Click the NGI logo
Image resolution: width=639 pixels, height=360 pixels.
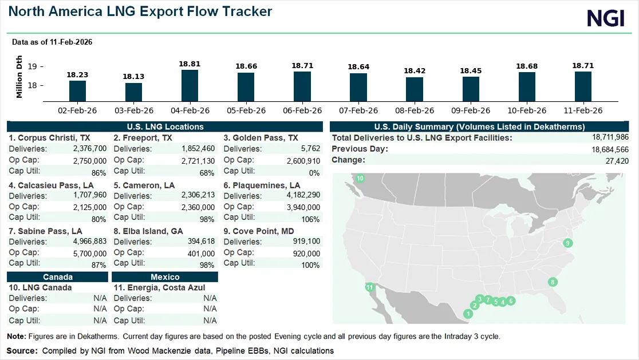[605, 18]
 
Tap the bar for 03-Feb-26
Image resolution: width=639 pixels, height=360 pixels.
[133, 92]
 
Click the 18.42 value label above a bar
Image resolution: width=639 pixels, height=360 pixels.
[414, 71]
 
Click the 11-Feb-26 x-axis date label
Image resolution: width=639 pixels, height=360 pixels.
[582, 110]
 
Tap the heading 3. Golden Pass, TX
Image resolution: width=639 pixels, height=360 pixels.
[261, 138]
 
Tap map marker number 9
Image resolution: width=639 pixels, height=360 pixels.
[567, 243]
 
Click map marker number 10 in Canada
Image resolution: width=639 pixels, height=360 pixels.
[360, 179]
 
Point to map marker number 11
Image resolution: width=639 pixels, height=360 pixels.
[370, 287]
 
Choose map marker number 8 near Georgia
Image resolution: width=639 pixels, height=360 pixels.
[552, 282]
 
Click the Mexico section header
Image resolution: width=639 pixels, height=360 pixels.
[165, 277]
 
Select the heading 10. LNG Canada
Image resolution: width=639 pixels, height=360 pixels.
[40, 287]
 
